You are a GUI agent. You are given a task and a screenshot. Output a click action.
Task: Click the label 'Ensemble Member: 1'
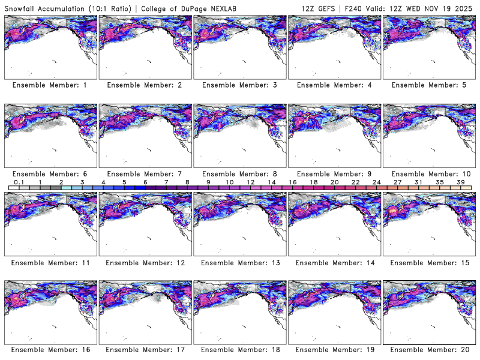(50, 85)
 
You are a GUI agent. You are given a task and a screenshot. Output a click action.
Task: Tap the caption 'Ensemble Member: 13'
(239, 262)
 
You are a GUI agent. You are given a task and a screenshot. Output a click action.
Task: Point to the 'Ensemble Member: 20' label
(428, 350)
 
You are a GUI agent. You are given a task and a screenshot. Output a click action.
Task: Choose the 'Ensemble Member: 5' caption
(428, 85)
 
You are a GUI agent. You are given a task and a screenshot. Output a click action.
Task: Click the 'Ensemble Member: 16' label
(50, 350)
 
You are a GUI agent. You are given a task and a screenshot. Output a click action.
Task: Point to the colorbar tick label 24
(376, 181)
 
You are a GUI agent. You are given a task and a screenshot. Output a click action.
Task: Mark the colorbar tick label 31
(418, 181)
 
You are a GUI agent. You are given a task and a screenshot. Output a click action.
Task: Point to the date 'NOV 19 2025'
(452, 8)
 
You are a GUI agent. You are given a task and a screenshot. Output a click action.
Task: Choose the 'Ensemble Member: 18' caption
(239, 350)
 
